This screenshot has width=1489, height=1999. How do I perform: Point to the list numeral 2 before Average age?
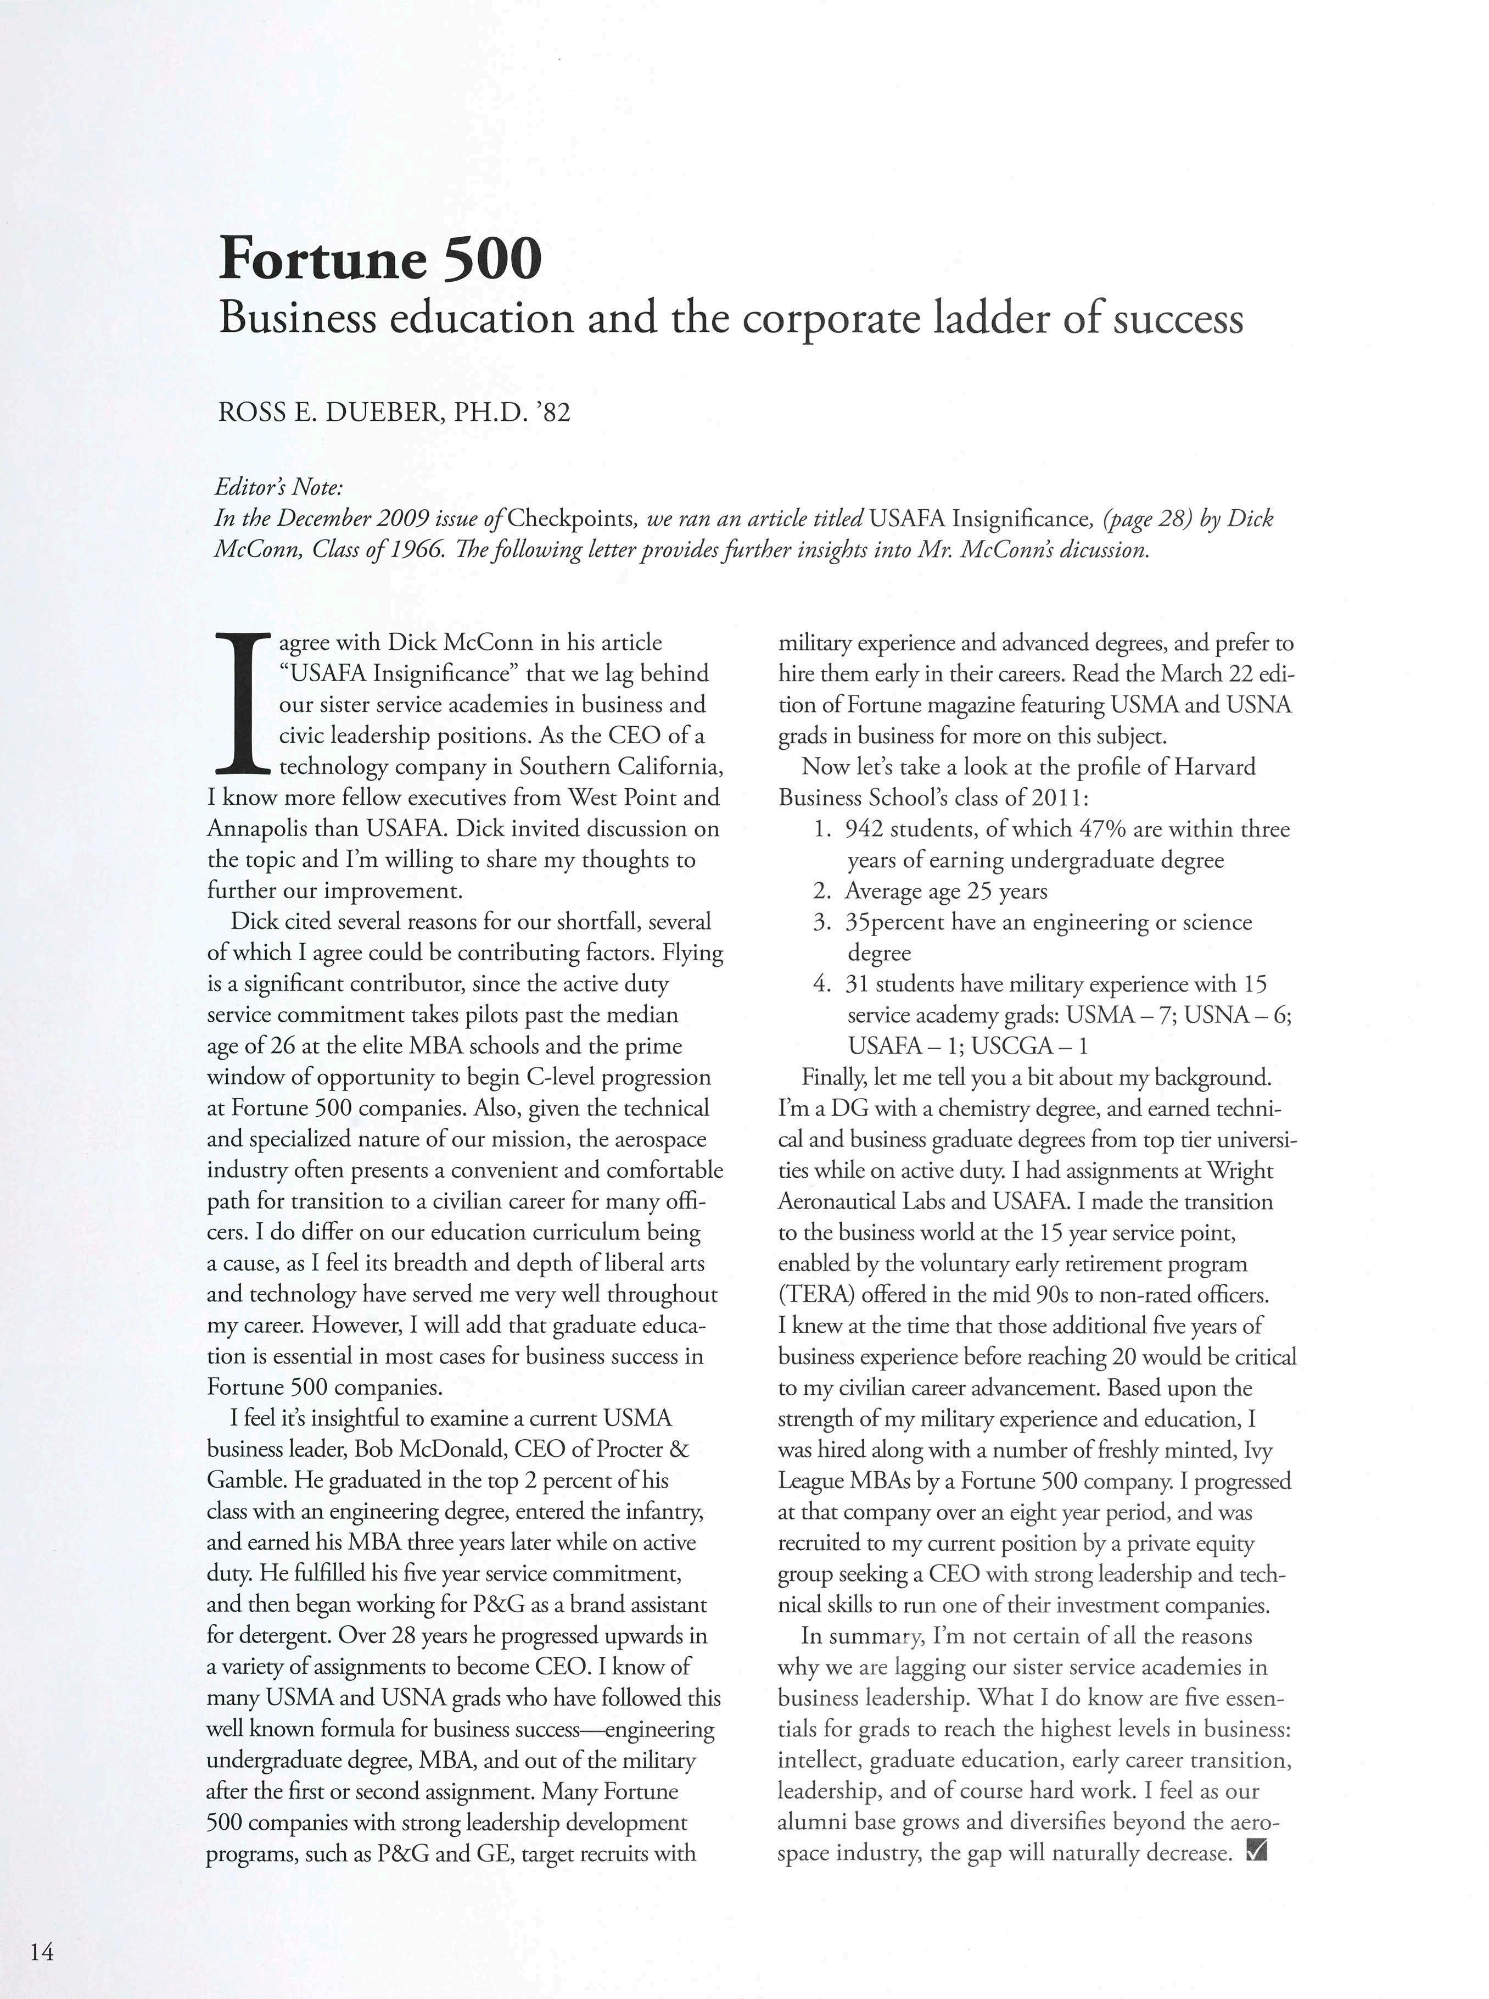(821, 891)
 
